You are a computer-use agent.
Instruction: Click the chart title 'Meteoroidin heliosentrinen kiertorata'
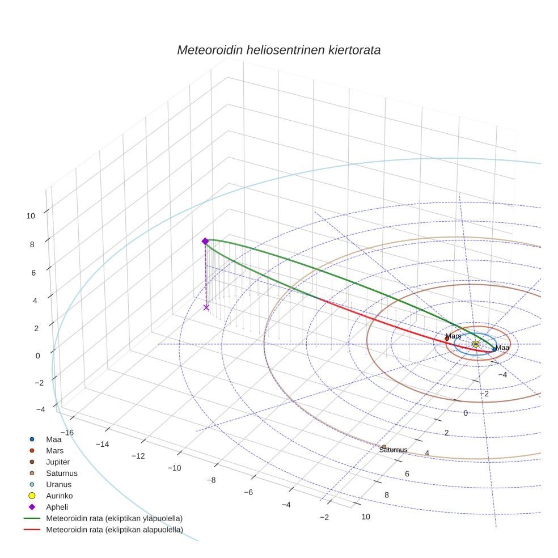point(278,50)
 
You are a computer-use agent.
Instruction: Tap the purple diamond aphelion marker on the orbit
point(205,241)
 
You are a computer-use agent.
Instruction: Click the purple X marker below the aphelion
point(206,307)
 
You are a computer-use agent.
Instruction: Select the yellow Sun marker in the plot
point(476,344)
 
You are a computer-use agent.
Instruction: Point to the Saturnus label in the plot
point(394,450)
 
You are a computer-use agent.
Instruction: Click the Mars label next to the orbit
point(453,336)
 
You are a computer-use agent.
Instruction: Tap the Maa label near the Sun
point(502,348)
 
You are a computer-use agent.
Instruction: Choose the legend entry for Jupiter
point(58,462)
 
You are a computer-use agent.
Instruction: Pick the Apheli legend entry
point(56,507)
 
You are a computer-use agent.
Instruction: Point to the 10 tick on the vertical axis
point(31,215)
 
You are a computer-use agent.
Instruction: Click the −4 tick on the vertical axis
point(40,409)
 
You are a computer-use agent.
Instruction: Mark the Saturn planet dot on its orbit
point(384,447)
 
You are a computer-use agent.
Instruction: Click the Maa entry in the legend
point(54,439)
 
